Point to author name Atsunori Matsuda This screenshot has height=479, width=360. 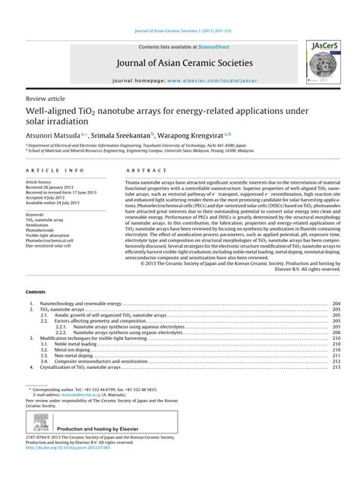[x=56, y=132]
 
